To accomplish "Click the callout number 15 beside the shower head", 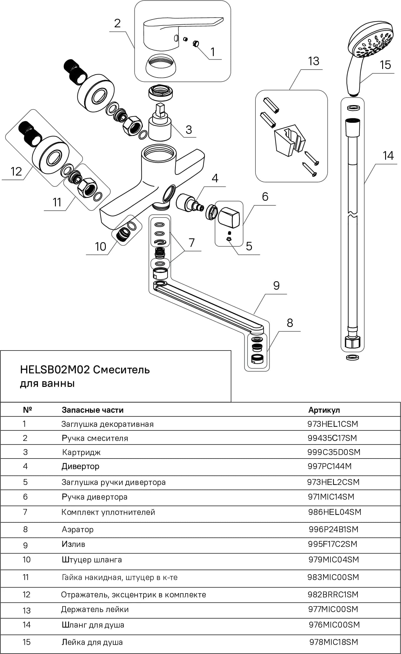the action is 385,65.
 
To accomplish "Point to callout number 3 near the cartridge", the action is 189,129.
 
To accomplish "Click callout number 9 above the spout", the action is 276,285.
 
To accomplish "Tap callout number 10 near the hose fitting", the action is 100,247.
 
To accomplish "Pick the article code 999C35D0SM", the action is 334,452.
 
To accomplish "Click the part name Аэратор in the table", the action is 78,530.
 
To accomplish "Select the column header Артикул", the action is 324,410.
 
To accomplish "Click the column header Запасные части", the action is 93,410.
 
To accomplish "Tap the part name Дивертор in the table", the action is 81,466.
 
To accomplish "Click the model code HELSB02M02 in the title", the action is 55,370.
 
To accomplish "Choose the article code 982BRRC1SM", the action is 333,594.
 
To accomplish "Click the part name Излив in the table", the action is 73,544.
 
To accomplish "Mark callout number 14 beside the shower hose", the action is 388,156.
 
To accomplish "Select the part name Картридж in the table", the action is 81,452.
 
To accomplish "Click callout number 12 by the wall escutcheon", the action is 16,171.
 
